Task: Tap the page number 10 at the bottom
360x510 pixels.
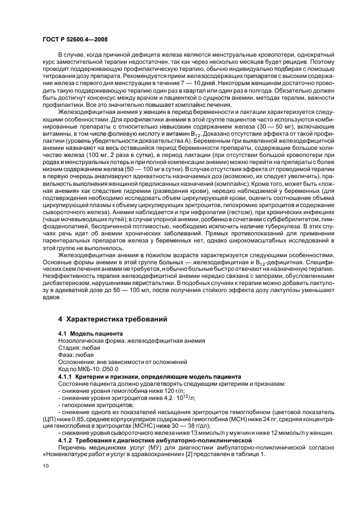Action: tap(46, 465)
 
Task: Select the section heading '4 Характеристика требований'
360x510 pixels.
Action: tap(112, 318)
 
